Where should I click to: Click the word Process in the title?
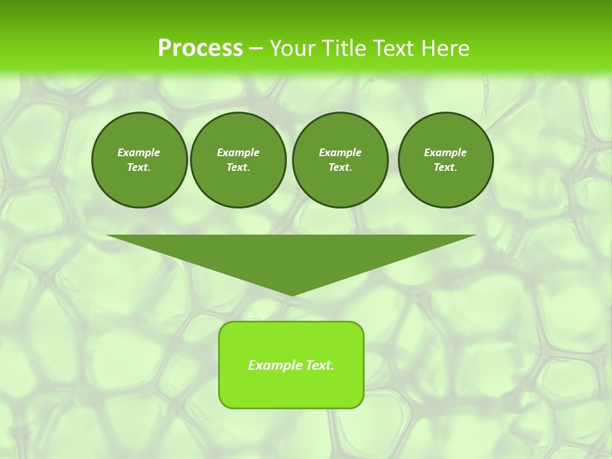pos(200,48)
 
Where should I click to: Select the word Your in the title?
pos(291,48)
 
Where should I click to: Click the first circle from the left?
pos(139,160)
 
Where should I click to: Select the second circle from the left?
pos(238,160)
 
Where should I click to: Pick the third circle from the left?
pos(340,160)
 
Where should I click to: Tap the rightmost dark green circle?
pos(445,160)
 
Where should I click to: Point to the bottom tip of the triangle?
pos(291,295)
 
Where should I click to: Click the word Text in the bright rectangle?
pos(319,365)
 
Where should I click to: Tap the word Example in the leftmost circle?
pos(139,152)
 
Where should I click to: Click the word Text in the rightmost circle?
pos(445,168)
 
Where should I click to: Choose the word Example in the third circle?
pos(340,152)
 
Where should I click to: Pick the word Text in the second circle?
pos(238,168)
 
